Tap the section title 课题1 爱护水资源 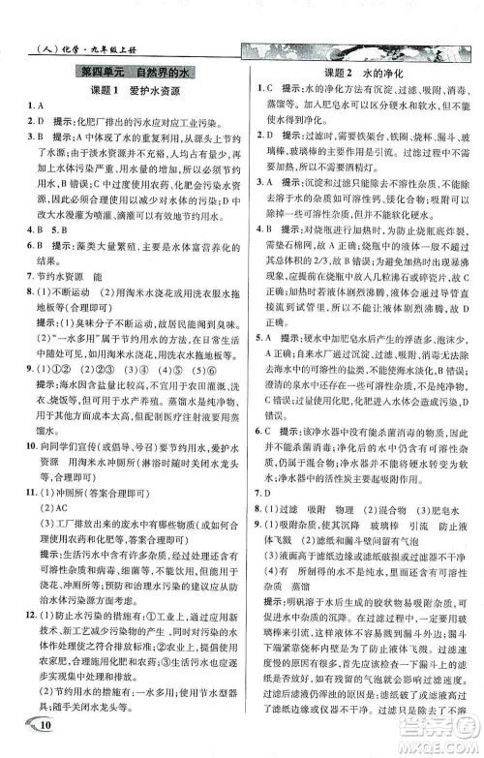125,90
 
